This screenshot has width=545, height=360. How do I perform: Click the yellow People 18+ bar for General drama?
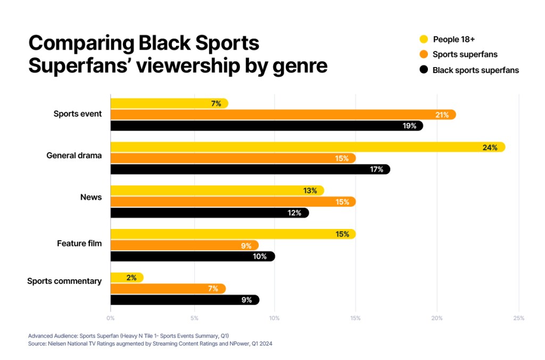pyautogui.click(x=308, y=147)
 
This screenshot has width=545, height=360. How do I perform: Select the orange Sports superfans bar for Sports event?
pyautogui.click(x=283, y=114)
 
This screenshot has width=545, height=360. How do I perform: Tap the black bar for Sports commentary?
pyautogui.click(x=185, y=300)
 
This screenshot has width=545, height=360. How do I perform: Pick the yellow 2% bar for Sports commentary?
pyautogui.click(x=127, y=277)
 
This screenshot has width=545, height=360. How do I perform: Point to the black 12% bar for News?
pyautogui.click(x=210, y=213)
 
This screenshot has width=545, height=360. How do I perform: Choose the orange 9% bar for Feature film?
pyautogui.click(x=184, y=246)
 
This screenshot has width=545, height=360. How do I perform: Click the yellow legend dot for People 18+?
pyautogui.click(x=424, y=39)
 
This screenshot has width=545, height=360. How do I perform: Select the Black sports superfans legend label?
pyautogui.click(x=475, y=70)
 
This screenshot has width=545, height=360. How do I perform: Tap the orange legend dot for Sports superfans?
pyautogui.click(x=424, y=54)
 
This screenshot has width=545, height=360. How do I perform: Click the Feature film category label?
pyautogui.click(x=79, y=244)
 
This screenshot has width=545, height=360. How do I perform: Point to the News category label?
pyautogui.click(x=90, y=197)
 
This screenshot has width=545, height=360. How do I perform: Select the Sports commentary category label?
pyautogui.click(x=64, y=281)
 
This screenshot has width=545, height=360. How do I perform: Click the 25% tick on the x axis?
pyautogui.click(x=519, y=318)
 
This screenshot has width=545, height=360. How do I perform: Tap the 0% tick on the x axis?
pyautogui.click(x=111, y=318)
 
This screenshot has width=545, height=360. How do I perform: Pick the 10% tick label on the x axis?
pyautogui.click(x=275, y=318)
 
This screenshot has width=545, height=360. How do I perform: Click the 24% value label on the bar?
pyautogui.click(x=490, y=148)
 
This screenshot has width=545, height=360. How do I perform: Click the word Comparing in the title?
pyautogui.click(x=80, y=44)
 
